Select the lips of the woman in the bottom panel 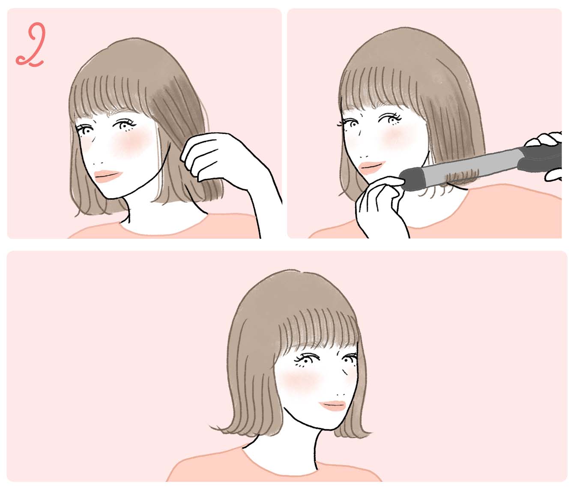tap(333, 405)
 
